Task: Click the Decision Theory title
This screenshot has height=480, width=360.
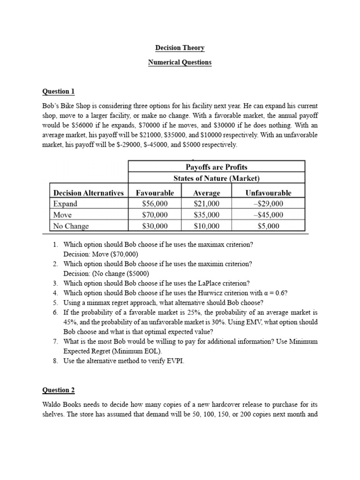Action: pos(180,48)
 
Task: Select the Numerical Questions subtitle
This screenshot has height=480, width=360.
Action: pos(180,62)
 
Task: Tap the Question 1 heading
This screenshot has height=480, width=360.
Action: pos(58,91)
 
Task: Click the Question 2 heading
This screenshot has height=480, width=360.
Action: pos(58,390)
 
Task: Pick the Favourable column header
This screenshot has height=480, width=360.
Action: pos(155,193)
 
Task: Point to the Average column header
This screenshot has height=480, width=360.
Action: pos(206,193)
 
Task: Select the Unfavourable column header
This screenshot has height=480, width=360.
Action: pos(268,193)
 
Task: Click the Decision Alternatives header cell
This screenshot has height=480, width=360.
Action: pos(89,193)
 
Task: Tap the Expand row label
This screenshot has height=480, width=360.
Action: pos(65,204)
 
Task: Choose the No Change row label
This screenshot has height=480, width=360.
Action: pos(71,226)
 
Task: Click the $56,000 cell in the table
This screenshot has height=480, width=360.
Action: pos(155,204)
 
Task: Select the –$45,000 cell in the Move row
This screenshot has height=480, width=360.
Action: pos(268,215)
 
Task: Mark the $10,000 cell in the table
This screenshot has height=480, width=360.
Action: pos(206,226)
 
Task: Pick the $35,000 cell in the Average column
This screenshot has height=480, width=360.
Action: pos(206,215)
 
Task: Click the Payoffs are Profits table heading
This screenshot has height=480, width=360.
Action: pos(216,167)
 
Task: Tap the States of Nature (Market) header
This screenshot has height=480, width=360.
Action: pos(216,179)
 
